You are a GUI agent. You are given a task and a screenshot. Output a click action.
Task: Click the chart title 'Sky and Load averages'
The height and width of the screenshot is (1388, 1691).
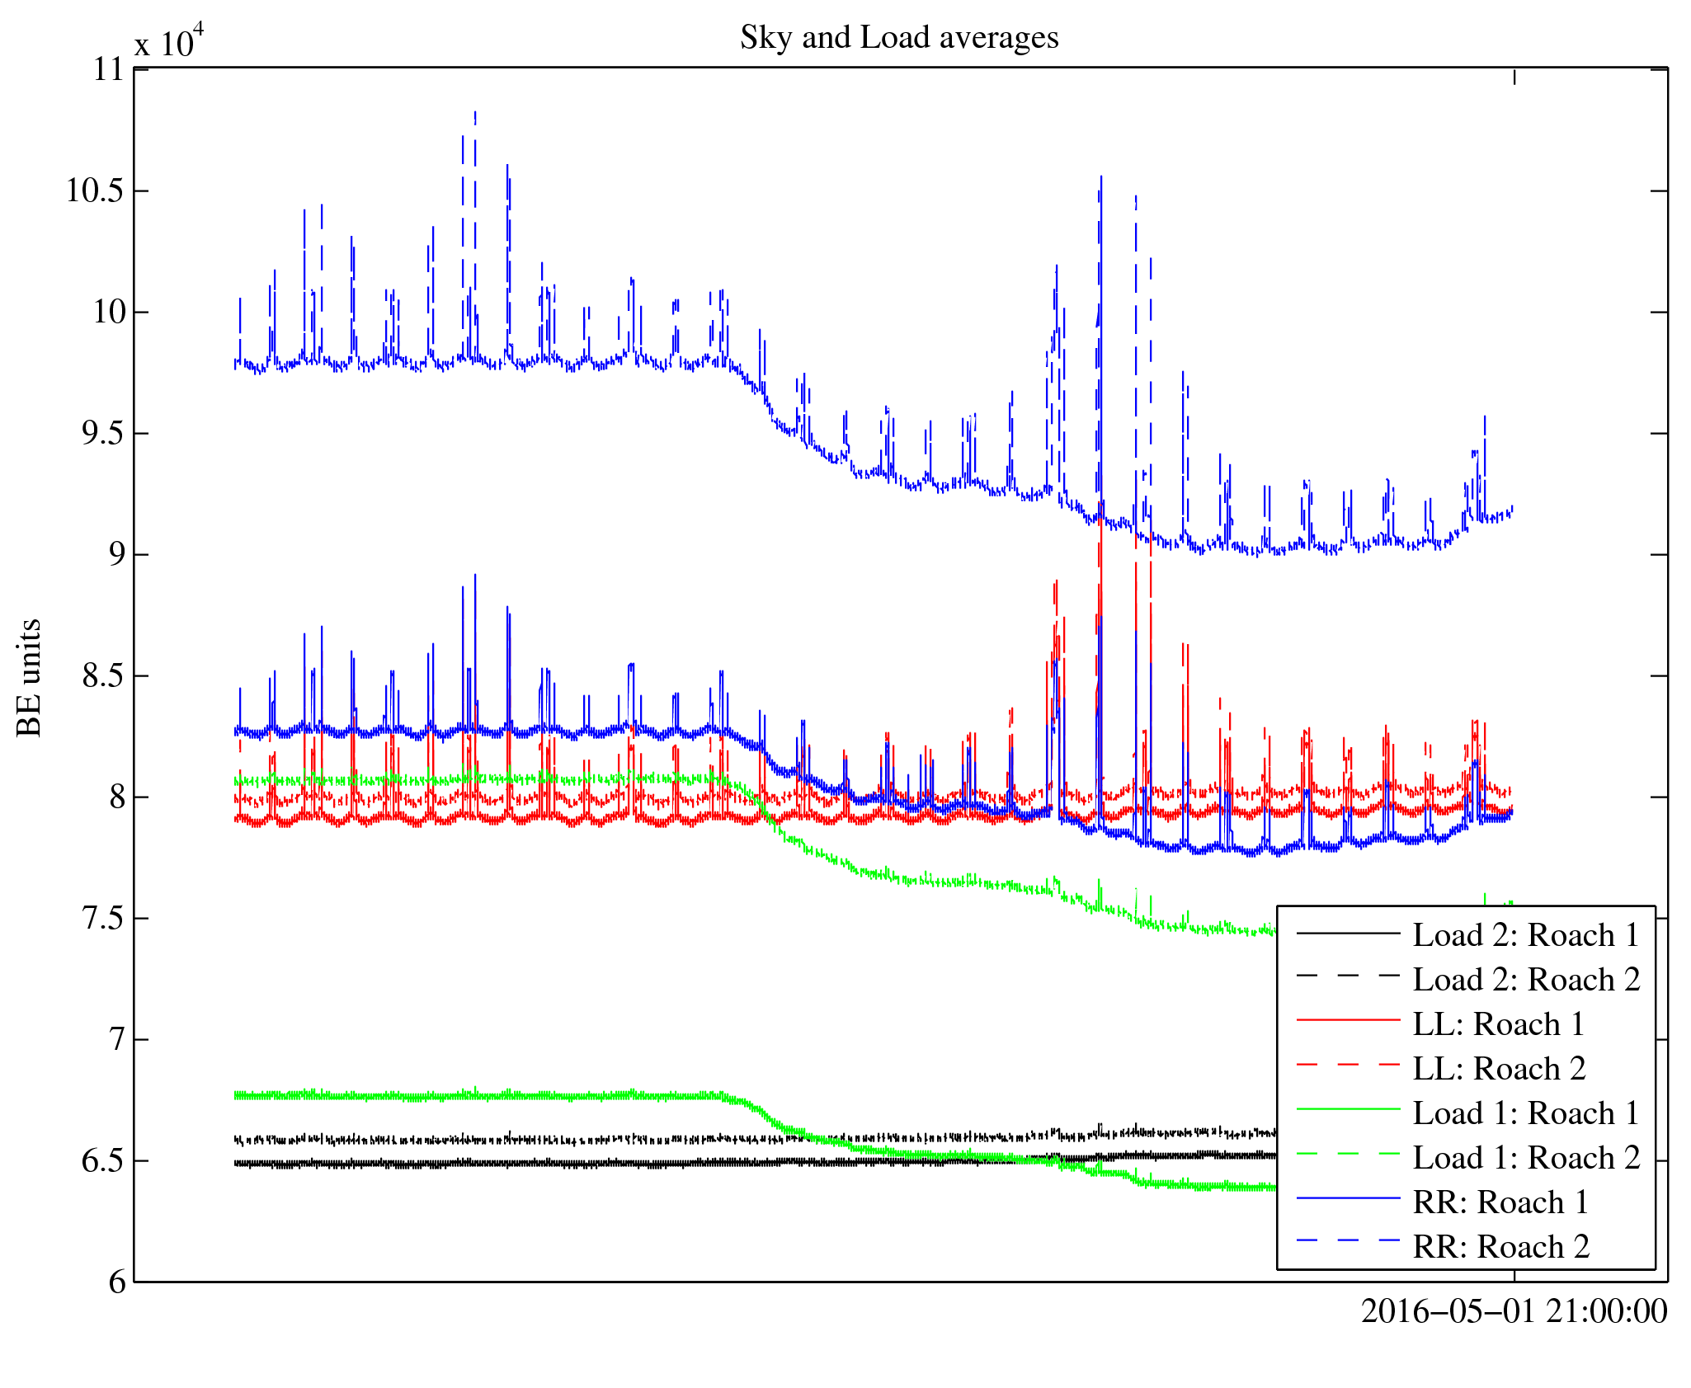898,38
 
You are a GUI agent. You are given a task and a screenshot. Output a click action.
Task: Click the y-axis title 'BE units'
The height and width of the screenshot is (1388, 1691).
30,677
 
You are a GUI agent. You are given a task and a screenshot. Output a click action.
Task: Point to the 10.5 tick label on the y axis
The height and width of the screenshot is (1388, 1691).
95,191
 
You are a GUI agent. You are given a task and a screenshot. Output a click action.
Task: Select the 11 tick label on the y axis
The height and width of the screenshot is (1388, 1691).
108,70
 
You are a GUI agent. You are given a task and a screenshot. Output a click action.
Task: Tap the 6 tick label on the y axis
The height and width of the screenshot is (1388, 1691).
117,1282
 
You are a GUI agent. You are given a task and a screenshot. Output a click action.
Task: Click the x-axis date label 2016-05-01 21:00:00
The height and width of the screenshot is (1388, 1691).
1514,1311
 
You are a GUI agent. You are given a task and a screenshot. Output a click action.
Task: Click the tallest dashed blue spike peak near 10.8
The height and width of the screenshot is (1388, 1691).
475,113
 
